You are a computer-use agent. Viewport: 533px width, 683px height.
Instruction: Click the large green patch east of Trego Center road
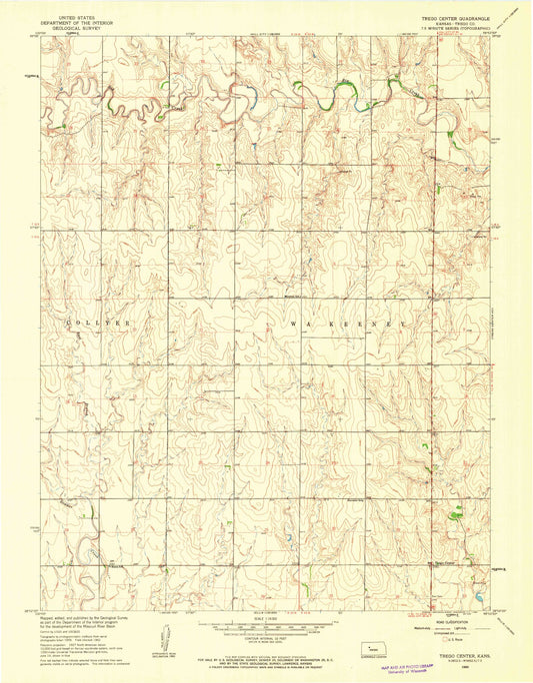(457, 515)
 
